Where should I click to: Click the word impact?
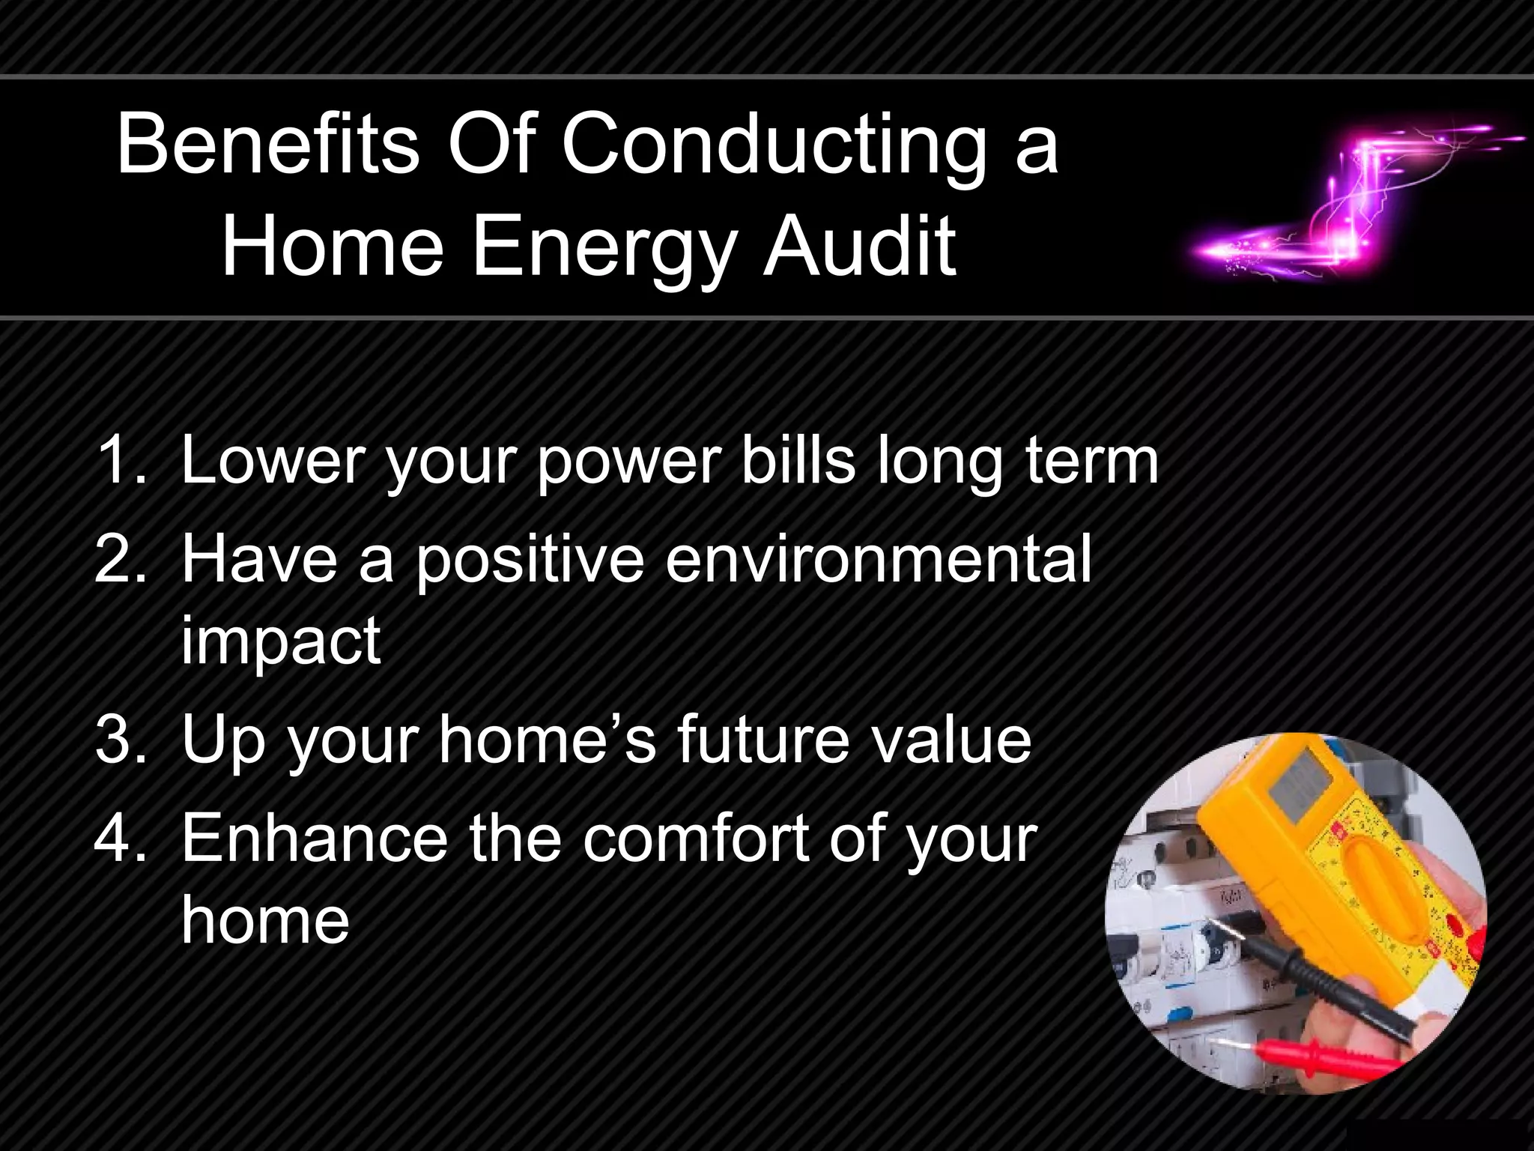281,641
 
